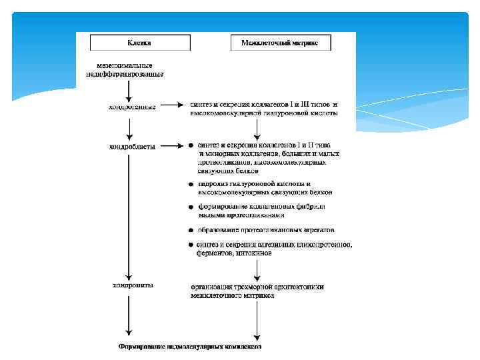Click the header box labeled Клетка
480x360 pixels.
point(140,43)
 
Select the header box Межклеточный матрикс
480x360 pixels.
point(279,43)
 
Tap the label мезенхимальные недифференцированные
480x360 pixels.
point(125,70)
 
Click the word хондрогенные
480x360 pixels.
point(132,107)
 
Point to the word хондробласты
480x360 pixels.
point(132,145)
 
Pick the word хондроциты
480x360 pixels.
point(132,285)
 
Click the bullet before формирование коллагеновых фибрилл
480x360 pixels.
point(191,208)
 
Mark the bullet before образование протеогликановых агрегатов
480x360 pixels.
point(191,231)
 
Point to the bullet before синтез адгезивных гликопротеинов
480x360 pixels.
point(191,245)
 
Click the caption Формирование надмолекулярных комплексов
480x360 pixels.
point(190,347)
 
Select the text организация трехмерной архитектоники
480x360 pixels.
point(257,287)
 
